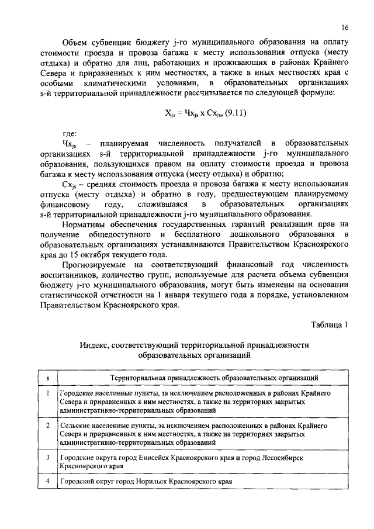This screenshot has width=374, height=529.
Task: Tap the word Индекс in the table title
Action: pyautogui.click(x=95, y=345)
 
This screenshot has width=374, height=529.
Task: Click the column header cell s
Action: pyautogui.click(x=47, y=379)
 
